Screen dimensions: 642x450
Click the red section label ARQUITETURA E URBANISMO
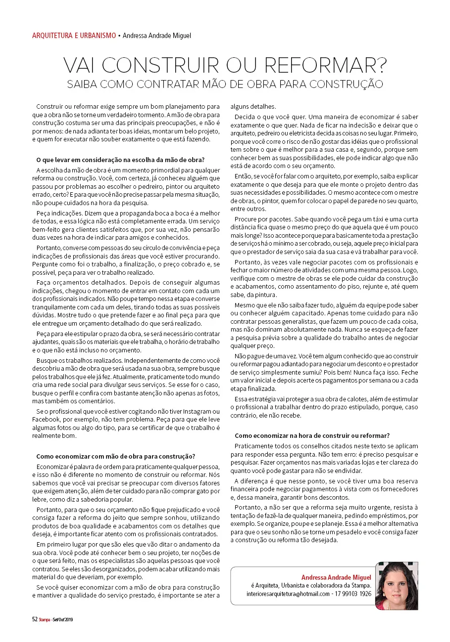[x=74, y=36]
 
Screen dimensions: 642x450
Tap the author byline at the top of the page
[x=156, y=36]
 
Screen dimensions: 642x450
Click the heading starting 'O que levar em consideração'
[x=120, y=159]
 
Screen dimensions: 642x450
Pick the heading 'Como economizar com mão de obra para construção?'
[x=116, y=456]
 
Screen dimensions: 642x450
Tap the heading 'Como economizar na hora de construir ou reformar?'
[x=312, y=435]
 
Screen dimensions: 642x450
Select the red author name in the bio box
[x=337, y=577]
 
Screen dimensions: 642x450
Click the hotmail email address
[x=288, y=594]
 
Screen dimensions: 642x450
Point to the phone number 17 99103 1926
[x=353, y=594]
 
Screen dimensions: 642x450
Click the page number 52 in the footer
[x=35, y=619]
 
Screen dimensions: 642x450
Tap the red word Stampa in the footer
[x=45, y=619]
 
